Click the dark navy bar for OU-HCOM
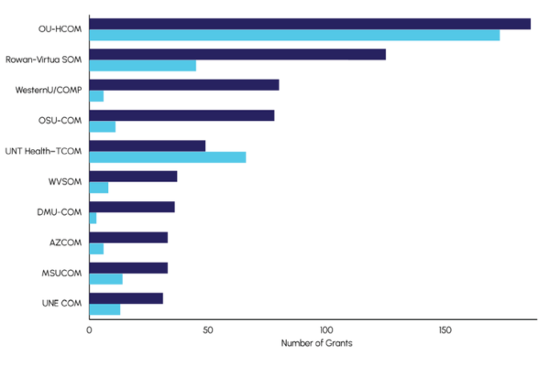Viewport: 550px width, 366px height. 310,24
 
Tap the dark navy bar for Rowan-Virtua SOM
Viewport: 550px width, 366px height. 237,54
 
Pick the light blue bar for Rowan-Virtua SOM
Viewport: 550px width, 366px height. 142,66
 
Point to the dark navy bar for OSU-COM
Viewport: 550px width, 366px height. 181,115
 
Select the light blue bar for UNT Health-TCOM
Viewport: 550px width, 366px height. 167,157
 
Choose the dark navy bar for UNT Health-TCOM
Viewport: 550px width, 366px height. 147,145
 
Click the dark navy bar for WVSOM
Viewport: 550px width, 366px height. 133,176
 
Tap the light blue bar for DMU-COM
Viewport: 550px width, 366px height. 93,218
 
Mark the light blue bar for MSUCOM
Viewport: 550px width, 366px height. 105,279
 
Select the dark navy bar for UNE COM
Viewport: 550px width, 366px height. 126,297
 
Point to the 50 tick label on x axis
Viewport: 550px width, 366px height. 207,328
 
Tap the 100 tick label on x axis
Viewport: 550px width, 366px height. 325,328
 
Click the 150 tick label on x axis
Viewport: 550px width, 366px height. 444,328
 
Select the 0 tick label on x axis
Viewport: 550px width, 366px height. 89,328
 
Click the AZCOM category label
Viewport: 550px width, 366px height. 65,242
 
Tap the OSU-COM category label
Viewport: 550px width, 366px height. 59,121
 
